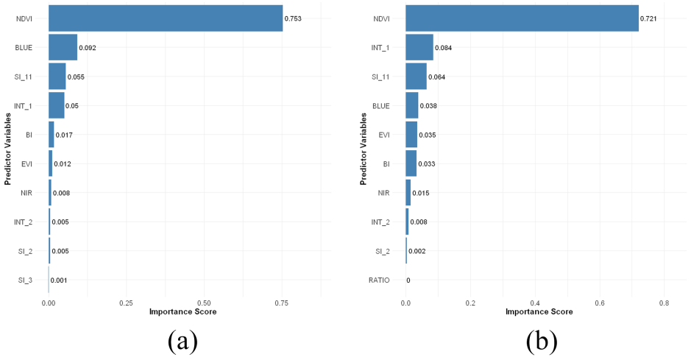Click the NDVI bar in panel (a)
(166, 18)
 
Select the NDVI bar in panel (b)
(522, 18)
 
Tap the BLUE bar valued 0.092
(63, 48)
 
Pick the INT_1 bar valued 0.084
(419, 48)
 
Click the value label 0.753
(293, 18)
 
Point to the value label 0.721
(648, 18)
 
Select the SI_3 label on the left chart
(25, 280)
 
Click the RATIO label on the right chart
(379, 280)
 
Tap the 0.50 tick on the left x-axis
(204, 303)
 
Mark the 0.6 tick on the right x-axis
(599, 303)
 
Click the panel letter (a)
(183, 341)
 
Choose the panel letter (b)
(542, 341)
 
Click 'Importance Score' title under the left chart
(183, 312)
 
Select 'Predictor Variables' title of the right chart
(363, 149)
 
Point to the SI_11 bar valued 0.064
(416, 77)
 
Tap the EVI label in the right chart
(384, 135)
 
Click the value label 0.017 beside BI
(64, 135)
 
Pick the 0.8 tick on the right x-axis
(664, 303)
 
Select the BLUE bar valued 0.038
(411, 106)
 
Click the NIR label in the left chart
(26, 193)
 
